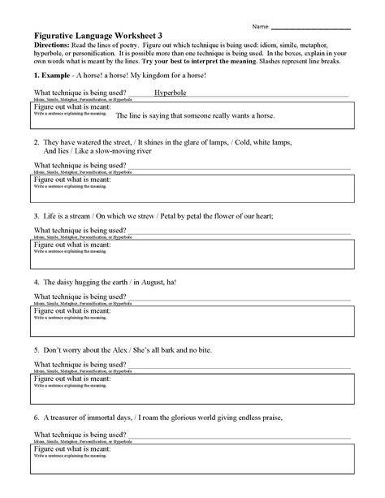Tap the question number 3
(36, 217)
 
